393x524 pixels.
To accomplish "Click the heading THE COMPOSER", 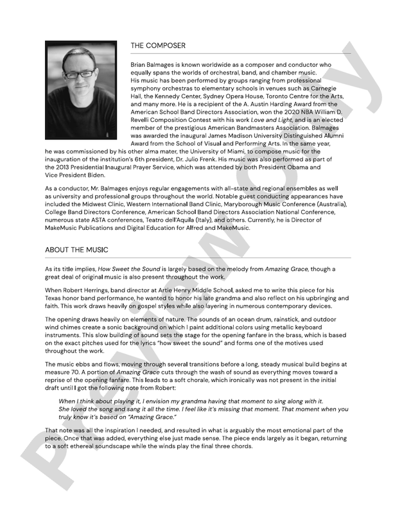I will coord(158,46).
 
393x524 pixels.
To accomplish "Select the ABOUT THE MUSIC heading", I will coord(76,249).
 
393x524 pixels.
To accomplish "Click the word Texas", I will coord(55,298).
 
